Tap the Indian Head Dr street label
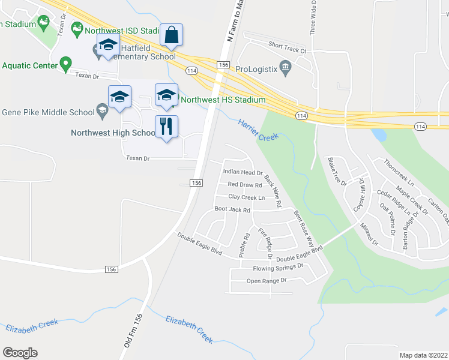(243, 172)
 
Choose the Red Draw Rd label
(245, 185)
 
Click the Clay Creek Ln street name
(246, 197)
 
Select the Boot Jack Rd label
(232, 210)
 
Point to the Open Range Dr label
(267, 281)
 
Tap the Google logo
(20, 353)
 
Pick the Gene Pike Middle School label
(48, 112)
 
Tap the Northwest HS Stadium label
(223, 100)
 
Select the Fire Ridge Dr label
(265, 243)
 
